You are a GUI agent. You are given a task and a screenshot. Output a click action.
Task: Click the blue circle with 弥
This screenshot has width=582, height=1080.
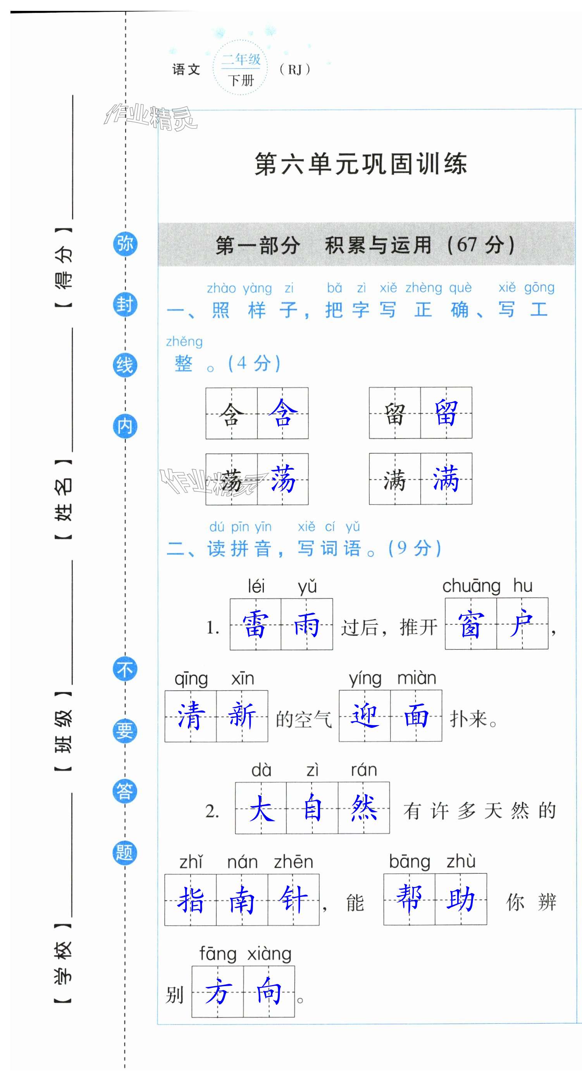click(125, 244)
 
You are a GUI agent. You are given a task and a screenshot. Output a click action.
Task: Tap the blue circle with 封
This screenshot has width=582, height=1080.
click(125, 304)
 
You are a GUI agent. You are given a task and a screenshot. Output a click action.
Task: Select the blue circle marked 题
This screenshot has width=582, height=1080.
click(124, 852)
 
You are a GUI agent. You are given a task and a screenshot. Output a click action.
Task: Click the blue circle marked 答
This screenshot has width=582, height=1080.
click(124, 791)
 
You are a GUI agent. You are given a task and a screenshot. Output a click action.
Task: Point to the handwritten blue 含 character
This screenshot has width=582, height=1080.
click(283, 413)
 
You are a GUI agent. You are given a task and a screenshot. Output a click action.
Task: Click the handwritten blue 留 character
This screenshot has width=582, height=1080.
click(446, 413)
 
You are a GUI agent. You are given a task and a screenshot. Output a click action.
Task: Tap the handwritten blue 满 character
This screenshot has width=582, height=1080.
click(446, 479)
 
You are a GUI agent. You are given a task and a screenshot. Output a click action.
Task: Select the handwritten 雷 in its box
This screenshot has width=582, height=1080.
click(255, 624)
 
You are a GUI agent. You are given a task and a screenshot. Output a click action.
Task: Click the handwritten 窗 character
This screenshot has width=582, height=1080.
click(470, 624)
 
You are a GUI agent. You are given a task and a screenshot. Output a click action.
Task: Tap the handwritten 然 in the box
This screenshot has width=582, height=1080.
click(364, 808)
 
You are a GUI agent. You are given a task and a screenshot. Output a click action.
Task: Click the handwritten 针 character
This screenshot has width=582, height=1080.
click(293, 899)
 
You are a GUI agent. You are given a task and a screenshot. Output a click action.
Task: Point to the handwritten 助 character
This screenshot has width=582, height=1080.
click(460, 899)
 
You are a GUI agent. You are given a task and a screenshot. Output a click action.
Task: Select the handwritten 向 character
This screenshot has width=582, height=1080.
click(269, 992)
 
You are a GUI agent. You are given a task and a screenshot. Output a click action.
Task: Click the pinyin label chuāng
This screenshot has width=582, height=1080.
click(472, 586)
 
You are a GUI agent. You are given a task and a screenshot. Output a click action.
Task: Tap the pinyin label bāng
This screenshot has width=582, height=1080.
click(409, 862)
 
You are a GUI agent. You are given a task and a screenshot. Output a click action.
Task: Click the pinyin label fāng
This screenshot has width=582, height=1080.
click(218, 954)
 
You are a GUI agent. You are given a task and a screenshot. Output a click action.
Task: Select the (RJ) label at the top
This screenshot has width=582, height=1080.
click(295, 69)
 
